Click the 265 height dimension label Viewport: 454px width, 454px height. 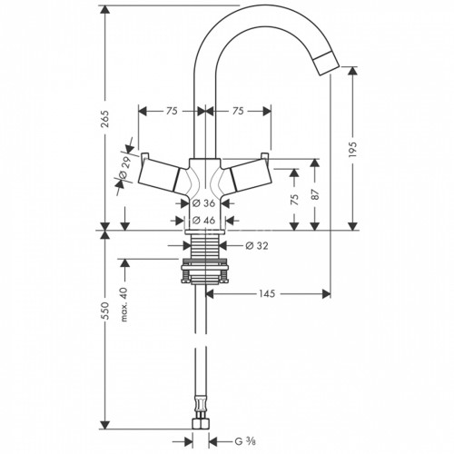click(105, 119)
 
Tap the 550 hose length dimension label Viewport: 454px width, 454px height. click(105, 311)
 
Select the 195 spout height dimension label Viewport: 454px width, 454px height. click(353, 149)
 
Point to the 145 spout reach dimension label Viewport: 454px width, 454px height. click(267, 293)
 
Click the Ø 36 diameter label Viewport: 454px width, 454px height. click(204, 203)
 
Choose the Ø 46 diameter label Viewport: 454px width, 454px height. click(204, 220)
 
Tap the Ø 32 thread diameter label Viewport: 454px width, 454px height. click(257, 246)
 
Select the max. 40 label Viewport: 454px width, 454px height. click(124, 304)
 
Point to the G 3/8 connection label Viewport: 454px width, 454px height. click(245, 441)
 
